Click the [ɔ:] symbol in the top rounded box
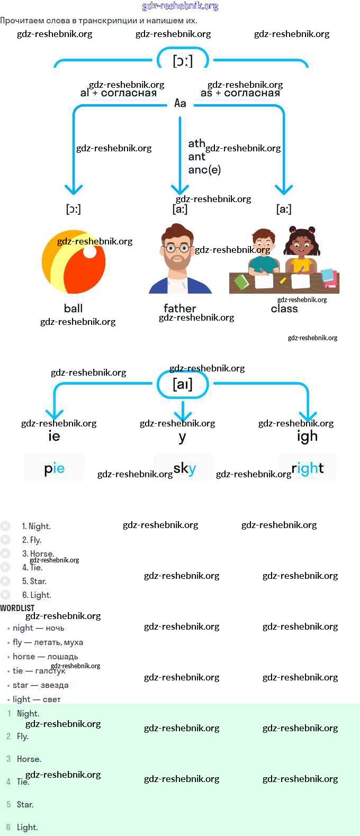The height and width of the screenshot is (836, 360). (183, 60)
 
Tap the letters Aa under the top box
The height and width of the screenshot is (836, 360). (180, 103)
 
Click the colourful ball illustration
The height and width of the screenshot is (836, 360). (74, 261)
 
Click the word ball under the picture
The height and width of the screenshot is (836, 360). (73, 308)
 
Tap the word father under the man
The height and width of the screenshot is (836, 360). (179, 308)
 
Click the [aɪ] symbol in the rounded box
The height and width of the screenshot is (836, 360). (183, 384)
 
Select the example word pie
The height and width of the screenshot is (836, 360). (54, 468)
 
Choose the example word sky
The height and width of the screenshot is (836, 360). (184, 468)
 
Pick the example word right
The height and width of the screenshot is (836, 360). (307, 468)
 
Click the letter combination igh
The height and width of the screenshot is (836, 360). (307, 437)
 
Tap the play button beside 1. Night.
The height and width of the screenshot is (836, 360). (5, 526)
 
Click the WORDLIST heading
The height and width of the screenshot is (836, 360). (17, 608)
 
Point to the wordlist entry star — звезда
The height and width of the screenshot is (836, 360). (40, 685)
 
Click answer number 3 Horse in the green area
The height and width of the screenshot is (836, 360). (29, 759)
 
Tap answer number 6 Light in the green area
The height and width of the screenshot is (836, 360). (27, 828)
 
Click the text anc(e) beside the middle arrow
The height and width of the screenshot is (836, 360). (204, 170)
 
